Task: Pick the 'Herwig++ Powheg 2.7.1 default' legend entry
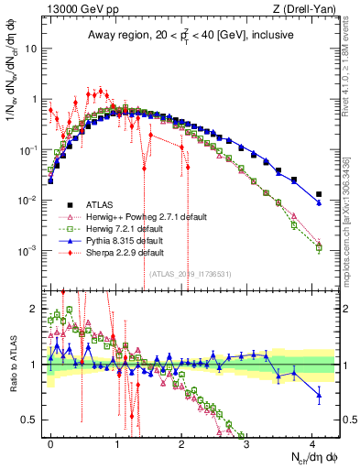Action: [143, 217]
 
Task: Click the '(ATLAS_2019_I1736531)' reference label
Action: [191, 274]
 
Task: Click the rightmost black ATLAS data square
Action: [319, 194]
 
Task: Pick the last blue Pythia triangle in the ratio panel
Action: [319, 396]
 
